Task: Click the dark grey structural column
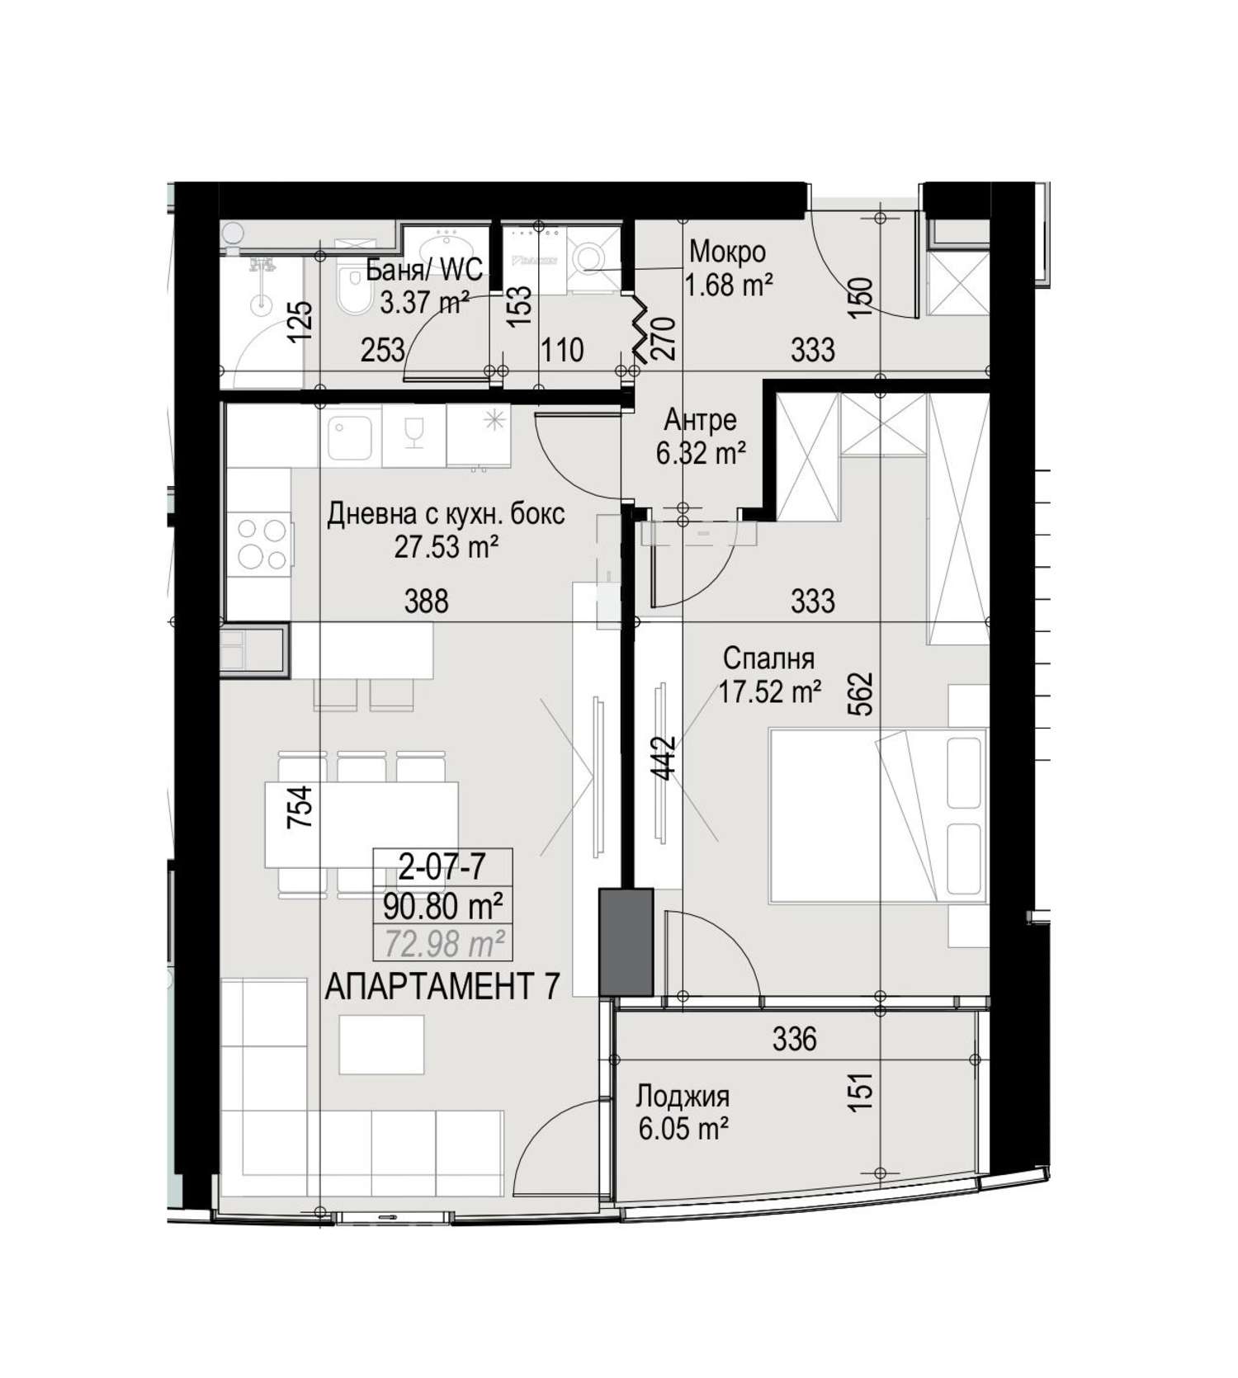click(x=626, y=941)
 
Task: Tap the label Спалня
click(x=768, y=658)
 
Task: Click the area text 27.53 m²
click(x=446, y=546)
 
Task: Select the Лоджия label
click(x=683, y=1097)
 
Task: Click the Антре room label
click(x=700, y=421)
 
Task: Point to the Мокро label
click(x=727, y=251)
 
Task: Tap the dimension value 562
click(x=861, y=695)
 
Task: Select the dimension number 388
click(x=427, y=601)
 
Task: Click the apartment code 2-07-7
click(x=442, y=867)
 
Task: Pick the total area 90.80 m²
click(x=443, y=907)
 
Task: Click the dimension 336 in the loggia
click(x=795, y=1039)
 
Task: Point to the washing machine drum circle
click(x=592, y=256)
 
